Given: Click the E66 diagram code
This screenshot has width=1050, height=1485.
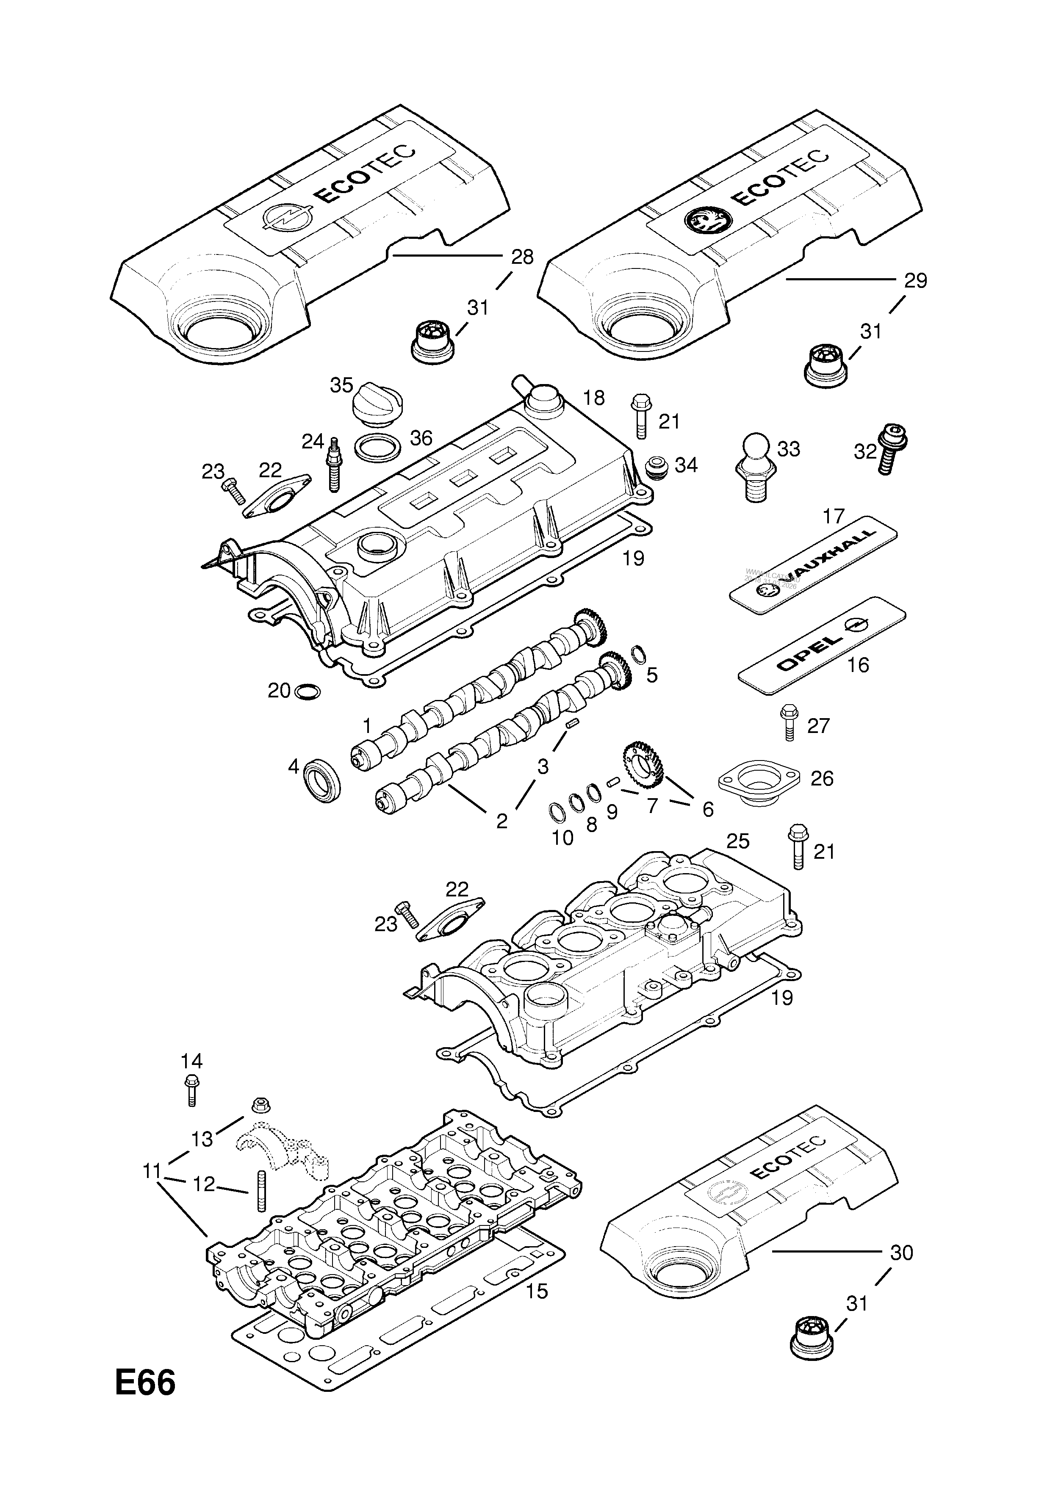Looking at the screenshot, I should tap(145, 1402).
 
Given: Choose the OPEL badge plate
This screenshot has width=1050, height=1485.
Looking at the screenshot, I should tap(822, 646).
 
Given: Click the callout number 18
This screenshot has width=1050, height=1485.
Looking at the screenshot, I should tap(593, 398).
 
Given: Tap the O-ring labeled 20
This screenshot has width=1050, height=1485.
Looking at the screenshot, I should tap(307, 691).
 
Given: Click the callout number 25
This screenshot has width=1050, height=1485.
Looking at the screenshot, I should tap(737, 841).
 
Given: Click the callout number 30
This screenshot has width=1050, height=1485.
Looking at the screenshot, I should tap(901, 1252).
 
